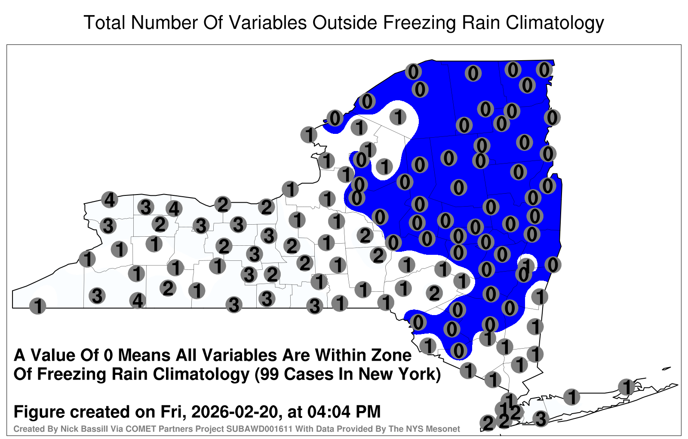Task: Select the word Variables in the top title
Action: coord(267,22)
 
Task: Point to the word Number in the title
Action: coord(164,22)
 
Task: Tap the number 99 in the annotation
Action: coord(270,374)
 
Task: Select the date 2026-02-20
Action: coord(235,412)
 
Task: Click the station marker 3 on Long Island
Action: coord(541,419)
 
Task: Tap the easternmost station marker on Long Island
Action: coord(627,387)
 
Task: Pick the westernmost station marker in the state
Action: coord(37,306)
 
